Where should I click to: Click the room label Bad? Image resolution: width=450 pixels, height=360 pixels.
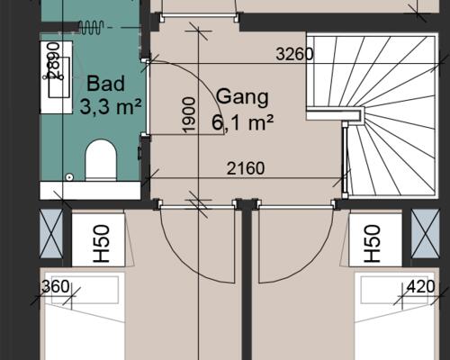[x=105, y=84]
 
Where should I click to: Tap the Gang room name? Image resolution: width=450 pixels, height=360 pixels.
[x=242, y=97]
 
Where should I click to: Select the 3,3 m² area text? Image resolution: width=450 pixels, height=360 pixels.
[x=111, y=106]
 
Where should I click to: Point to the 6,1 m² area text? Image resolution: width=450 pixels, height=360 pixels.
[x=242, y=122]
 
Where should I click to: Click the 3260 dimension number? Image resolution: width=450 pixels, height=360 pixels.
[x=294, y=54]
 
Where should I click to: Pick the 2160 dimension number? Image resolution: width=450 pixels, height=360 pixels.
[x=246, y=168]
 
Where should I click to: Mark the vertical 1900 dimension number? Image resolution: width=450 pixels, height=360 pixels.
[x=189, y=114]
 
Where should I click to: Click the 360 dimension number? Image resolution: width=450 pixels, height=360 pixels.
[x=56, y=286]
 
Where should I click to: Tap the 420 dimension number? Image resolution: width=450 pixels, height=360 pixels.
[x=420, y=286]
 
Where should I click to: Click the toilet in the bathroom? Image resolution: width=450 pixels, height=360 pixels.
[x=101, y=160]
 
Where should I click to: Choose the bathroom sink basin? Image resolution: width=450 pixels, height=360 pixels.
[x=59, y=77]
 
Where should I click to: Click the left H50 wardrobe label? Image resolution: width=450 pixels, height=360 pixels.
[x=101, y=244]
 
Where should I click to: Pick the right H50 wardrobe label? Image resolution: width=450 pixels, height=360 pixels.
[x=373, y=244]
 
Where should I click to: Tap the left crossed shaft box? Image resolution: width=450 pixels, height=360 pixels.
[x=51, y=234]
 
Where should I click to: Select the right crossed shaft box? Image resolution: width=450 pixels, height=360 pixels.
[x=425, y=234]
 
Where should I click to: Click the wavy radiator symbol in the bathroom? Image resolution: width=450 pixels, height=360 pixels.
[x=91, y=27]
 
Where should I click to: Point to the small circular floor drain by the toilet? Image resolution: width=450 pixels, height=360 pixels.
[x=69, y=177]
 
